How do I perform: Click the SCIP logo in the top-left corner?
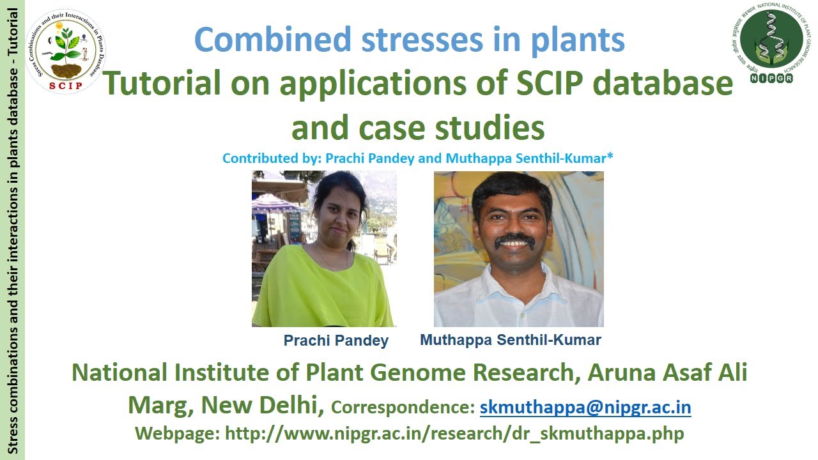(66, 52)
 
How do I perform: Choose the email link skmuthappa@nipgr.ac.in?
(585, 407)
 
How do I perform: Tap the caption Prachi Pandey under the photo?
(336, 341)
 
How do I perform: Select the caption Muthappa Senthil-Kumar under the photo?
(510, 340)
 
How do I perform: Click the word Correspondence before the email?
(403, 408)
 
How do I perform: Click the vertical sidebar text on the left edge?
(12, 230)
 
